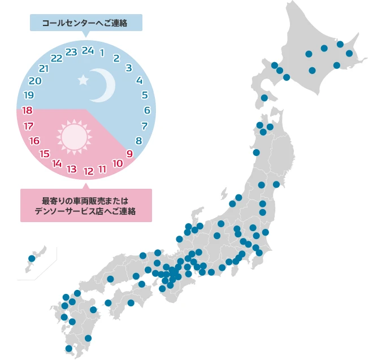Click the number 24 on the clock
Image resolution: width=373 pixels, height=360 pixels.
(87, 50)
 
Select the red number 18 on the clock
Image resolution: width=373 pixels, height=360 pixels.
(27, 110)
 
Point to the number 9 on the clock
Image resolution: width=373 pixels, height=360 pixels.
(130, 153)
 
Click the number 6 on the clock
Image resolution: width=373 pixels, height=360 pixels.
(147, 110)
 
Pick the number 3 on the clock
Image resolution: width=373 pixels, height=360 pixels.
(129, 68)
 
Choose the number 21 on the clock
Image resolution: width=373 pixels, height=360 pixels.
(44, 68)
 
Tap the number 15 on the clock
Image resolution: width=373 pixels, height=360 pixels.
(45, 153)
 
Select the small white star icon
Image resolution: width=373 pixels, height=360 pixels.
(83, 80)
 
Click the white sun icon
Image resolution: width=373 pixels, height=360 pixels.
(73, 136)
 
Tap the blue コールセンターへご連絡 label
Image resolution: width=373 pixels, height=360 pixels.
(86, 23)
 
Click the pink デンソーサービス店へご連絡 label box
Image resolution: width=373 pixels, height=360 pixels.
(86, 205)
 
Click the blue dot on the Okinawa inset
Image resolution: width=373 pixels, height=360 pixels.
(32, 259)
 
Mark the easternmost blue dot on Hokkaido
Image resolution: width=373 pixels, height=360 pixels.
(349, 54)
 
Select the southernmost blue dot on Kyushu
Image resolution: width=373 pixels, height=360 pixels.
(69, 349)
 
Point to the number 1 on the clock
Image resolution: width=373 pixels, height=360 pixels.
(102, 52)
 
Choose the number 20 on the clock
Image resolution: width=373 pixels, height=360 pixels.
(34, 81)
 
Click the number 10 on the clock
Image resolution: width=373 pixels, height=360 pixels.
(118, 163)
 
